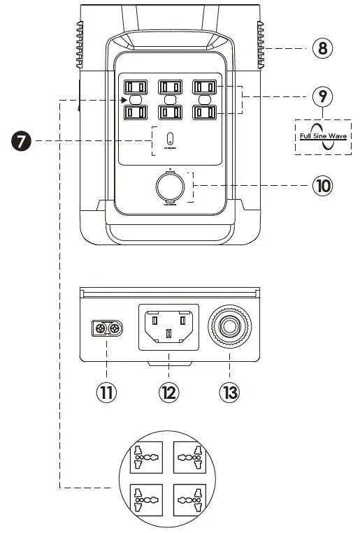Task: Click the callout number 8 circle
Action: pos(322,48)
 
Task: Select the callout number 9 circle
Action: pos(322,96)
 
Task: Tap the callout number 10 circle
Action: pos(322,187)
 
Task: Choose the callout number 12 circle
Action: pos(169,392)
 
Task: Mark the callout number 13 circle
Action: pos(229,392)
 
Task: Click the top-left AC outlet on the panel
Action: pos(135,87)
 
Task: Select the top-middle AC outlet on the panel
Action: pos(170,87)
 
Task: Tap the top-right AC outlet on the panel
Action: pos(204,87)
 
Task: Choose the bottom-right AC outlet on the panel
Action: pos(204,111)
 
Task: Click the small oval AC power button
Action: pos(170,137)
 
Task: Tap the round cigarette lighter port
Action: pos(170,187)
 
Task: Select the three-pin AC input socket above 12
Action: pos(169,326)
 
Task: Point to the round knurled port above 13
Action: pos(229,326)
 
